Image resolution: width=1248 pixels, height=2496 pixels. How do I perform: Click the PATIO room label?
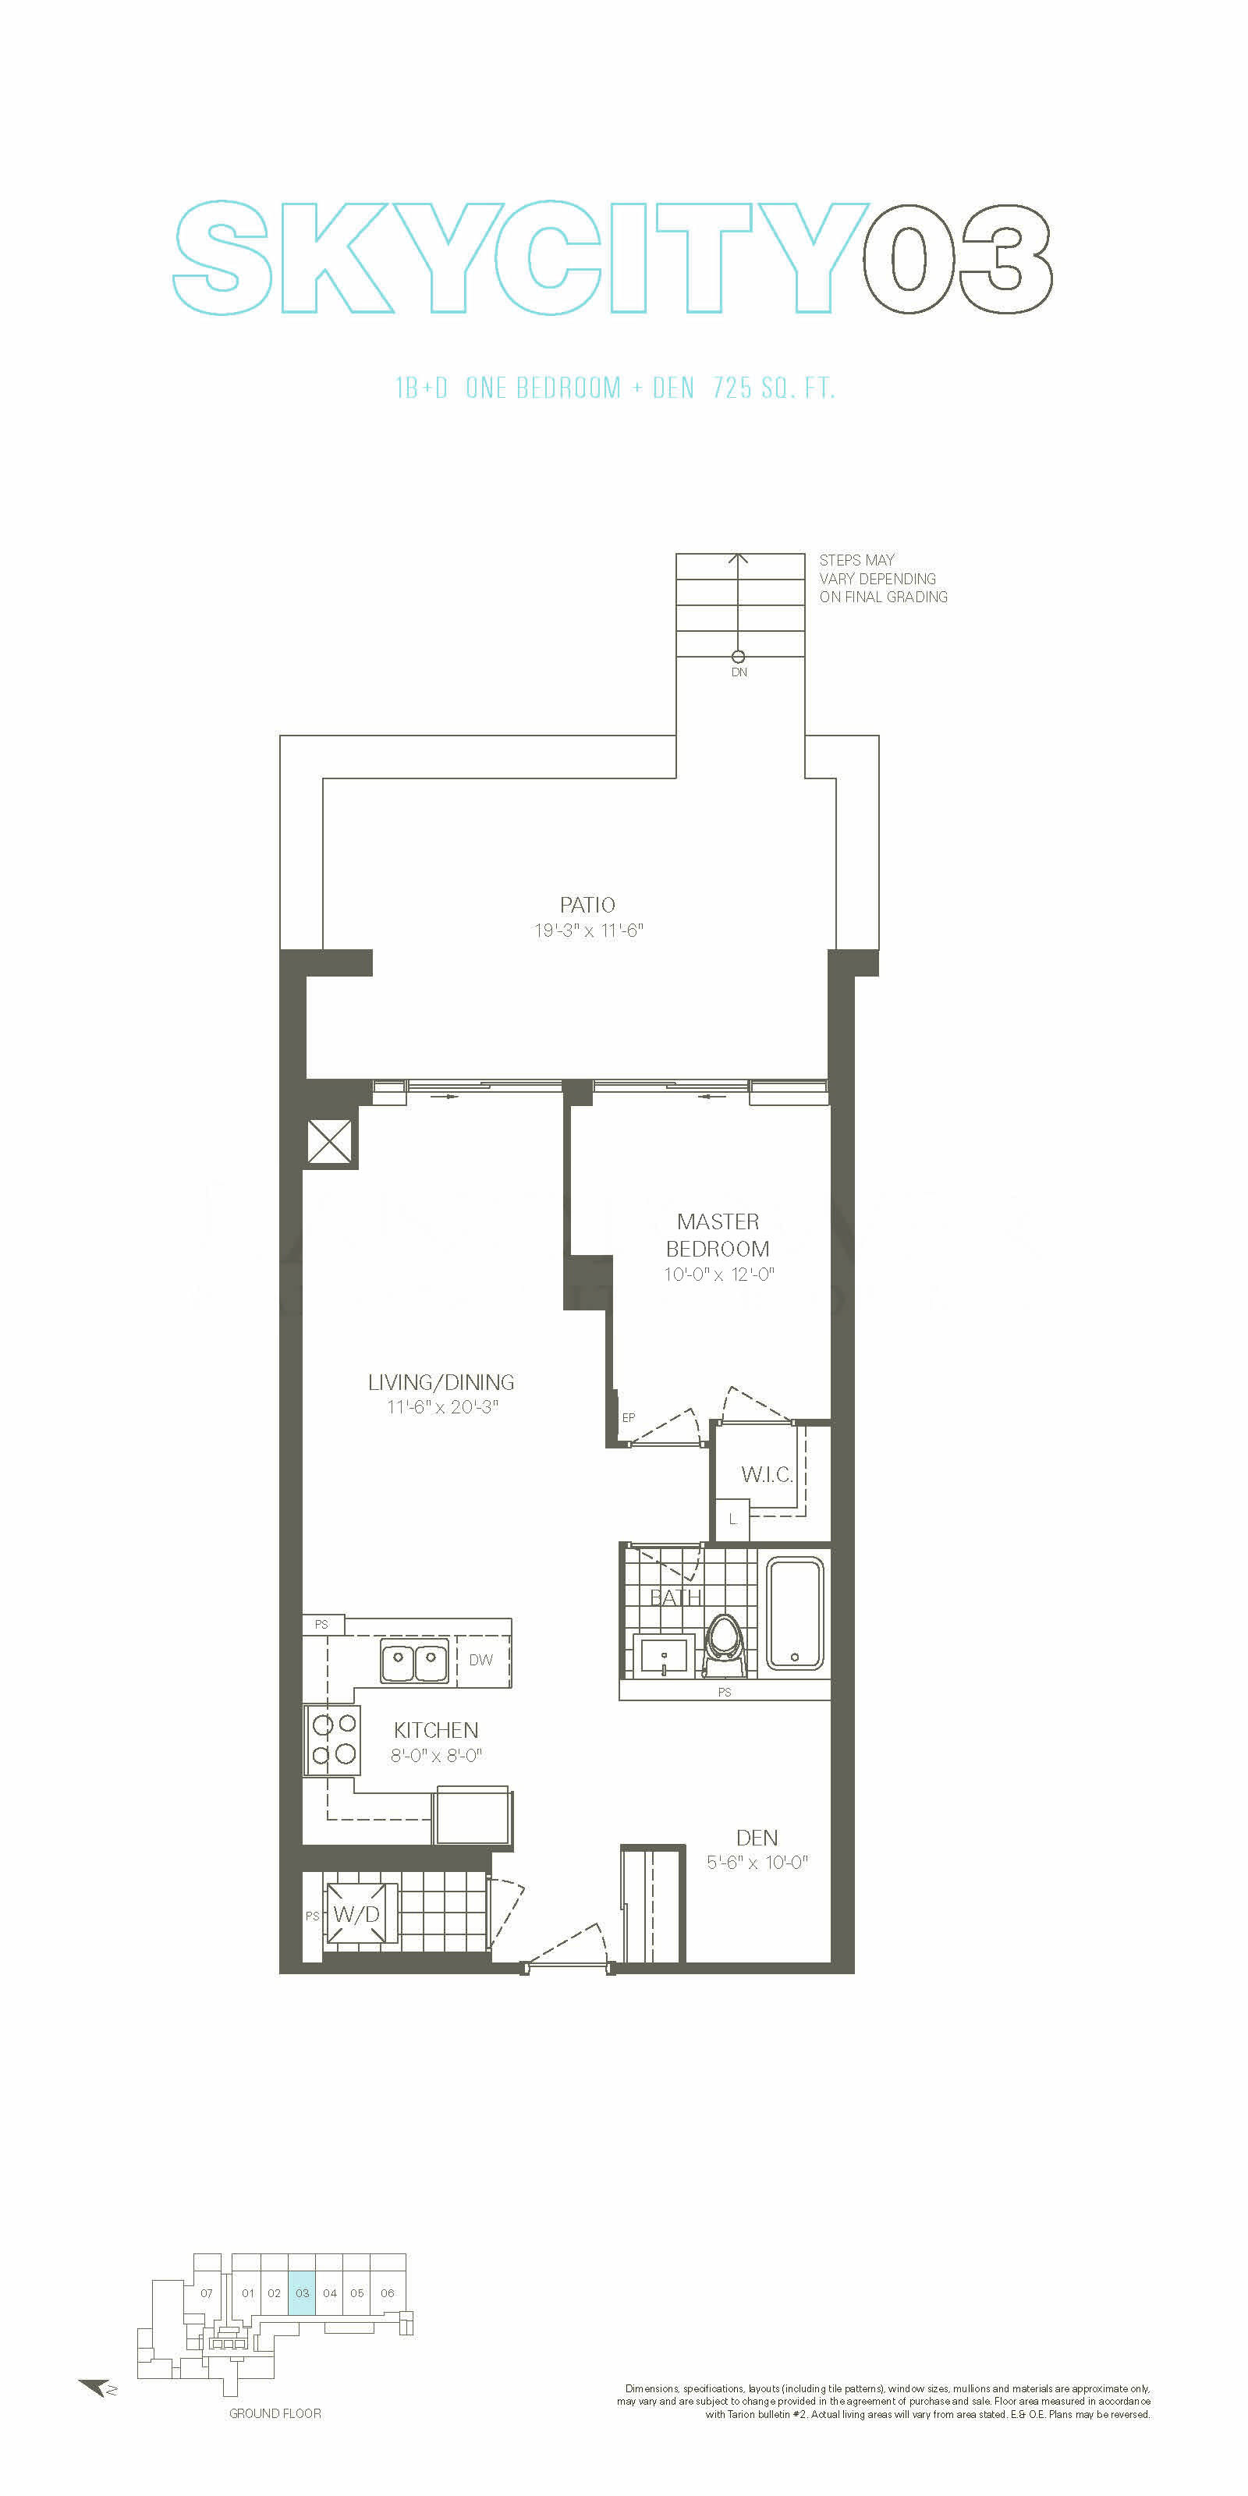click(587, 904)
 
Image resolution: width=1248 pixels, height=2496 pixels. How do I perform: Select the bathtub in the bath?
click(796, 1612)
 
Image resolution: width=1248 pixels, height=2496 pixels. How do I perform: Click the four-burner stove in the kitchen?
click(332, 1739)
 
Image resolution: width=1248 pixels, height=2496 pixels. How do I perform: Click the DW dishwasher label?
click(480, 1660)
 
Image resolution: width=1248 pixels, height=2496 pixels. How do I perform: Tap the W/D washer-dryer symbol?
click(356, 1913)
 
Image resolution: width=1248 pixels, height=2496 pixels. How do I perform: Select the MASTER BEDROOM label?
click(718, 1235)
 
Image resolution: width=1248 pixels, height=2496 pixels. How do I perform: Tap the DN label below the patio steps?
click(739, 672)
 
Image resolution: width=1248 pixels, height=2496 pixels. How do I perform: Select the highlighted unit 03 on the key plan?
click(303, 2292)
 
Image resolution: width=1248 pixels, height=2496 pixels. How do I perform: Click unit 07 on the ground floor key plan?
click(207, 2292)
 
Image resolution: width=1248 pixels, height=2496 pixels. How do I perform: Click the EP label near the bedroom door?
click(629, 1416)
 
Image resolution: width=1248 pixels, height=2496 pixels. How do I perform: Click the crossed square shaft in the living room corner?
click(329, 1141)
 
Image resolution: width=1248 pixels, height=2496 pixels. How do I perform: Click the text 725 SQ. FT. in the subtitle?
click(773, 388)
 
